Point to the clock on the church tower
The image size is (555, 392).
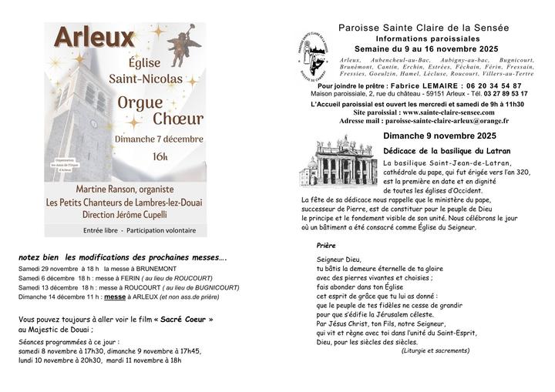(x=93, y=123)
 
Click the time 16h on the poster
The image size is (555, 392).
(x=160, y=156)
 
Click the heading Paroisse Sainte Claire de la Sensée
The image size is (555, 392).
(x=424, y=28)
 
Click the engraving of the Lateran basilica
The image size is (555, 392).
(x=338, y=165)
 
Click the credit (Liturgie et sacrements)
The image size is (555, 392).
(x=436, y=350)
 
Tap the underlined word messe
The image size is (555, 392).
(x=115, y=296)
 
